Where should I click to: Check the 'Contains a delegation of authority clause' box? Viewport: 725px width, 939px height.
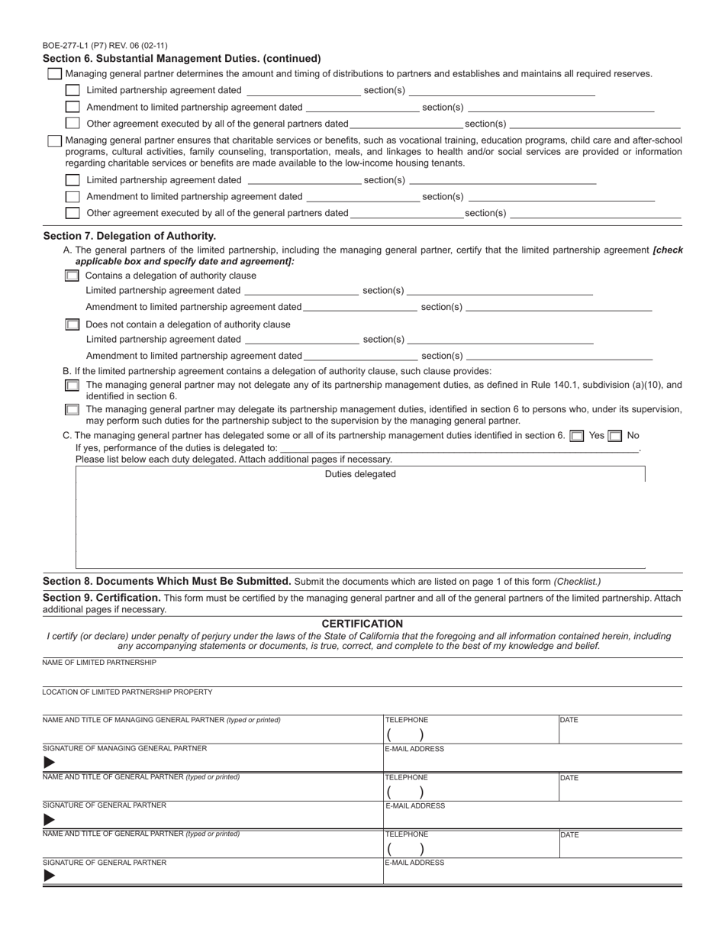tap(72, 276)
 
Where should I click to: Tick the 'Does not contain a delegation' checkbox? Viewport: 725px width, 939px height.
tap(72, 324)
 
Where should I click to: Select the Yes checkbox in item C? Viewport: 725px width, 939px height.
tap(578, 436)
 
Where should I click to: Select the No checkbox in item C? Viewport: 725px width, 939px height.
tap(615, 436)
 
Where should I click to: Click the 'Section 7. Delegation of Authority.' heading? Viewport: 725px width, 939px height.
tap(130, 236)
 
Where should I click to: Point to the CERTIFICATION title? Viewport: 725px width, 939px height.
tap(362, 624)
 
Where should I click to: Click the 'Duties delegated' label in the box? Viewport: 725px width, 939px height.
tap(360, 474)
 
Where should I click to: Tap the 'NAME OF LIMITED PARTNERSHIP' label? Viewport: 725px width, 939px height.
tap(99, 663)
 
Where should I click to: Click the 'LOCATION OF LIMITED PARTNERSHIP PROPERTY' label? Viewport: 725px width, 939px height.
tap(127, 692)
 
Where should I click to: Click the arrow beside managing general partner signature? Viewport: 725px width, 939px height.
tap(49, 763)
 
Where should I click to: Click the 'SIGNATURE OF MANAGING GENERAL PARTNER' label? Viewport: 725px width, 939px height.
tap(124, 748)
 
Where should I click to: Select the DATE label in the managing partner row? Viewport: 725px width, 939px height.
tap(569, 720)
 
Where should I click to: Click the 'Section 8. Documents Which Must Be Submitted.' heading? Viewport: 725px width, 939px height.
tap(167, 581)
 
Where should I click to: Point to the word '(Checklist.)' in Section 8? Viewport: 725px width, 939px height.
tap(577, 582)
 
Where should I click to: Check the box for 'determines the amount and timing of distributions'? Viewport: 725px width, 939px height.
tap(55, 74)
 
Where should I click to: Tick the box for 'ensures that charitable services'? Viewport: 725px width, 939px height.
tap(55, 141)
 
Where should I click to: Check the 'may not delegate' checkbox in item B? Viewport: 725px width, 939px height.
tap(72, 386)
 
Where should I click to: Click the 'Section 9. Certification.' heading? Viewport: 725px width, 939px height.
tap(101, 598)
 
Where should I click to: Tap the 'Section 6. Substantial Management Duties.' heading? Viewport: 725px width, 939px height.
tap(182, 58)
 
